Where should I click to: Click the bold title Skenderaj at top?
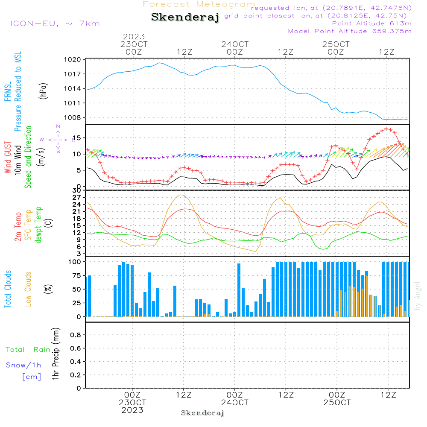coord(185,18)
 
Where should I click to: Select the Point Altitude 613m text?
coord(371,23)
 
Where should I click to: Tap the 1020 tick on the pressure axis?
coord(73,60)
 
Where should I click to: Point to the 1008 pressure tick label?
coord(73,118)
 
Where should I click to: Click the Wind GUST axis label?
coord(8,157)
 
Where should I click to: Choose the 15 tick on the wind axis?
coord(77,138)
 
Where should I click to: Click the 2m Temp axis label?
coord(18,227)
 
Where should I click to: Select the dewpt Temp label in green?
coord(38,225)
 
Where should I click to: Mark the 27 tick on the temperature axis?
coord(77,197)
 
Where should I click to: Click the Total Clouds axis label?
coord(8,289)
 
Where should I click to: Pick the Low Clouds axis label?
coord(28,289)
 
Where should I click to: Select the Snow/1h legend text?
coord(23,365)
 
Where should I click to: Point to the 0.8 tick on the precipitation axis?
coord(76,335)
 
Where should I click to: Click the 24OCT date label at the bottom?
coord(234,403)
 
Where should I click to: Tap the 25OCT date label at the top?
coord(336,44)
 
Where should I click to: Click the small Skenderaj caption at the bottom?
coord(202,413)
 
